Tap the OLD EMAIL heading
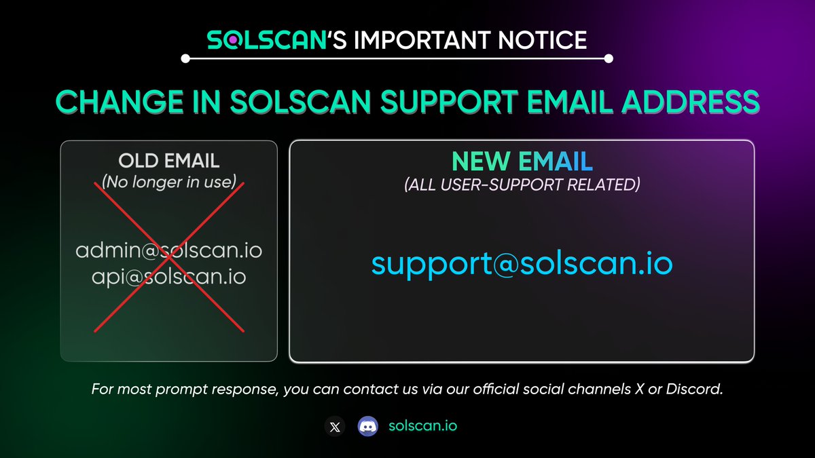169,161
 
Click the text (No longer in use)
169,183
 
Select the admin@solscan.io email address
169,251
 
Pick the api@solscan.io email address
169,277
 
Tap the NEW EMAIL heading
522,161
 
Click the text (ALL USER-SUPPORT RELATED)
522,185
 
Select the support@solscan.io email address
522,264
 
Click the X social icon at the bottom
334,427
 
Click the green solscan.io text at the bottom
422,426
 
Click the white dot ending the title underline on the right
609,59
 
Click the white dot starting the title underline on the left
185,59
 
